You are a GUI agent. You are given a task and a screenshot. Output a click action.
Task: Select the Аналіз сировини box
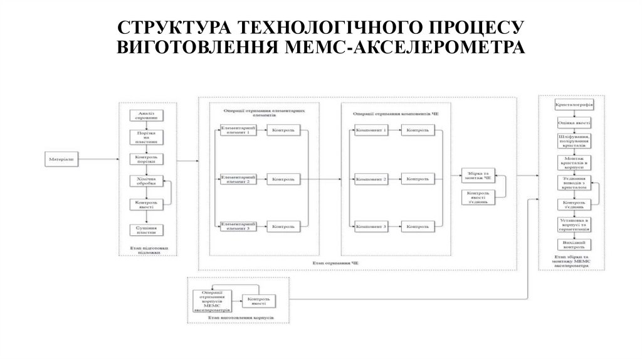click(146, 115)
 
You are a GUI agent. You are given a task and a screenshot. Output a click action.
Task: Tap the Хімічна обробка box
click(146, 181)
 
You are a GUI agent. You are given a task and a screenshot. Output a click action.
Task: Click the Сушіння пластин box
click(146, 229)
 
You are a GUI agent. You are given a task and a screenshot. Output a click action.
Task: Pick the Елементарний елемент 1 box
click(235, 130)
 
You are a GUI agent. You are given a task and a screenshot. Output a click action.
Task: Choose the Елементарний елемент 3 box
click(235, 226)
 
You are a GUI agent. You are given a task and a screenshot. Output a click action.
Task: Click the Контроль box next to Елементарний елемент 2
click(283, 179)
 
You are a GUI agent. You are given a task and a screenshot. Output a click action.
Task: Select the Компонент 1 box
click(371, 130)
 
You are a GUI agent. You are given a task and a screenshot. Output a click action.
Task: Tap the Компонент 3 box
click(371, 226)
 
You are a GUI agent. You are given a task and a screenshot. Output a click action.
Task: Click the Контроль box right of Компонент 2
click(418, 179)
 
